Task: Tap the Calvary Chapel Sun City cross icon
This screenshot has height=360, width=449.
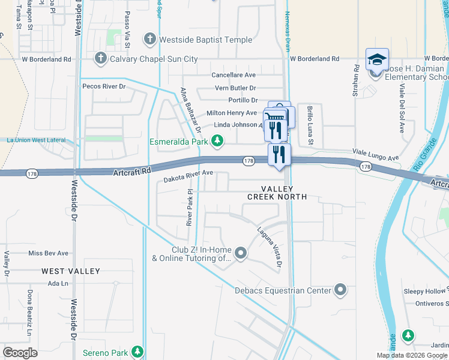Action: [x=100, y=59]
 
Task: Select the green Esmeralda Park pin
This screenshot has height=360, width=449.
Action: [x=218, y=142]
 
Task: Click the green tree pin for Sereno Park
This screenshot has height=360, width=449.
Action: [x=138, y=350]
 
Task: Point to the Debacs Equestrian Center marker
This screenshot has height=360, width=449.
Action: [x=340, y=290]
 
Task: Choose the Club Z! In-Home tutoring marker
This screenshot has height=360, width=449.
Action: [x=241, y=254]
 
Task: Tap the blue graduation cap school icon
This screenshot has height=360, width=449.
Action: [x=377, y=59]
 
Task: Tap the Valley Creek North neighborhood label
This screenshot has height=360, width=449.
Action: [x=277, y=192]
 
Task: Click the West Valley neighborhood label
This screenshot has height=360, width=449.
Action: [x=71, y=271]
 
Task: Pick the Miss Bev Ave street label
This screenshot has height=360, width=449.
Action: [x=49, y=253]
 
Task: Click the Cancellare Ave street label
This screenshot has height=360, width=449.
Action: [x=234, y=75]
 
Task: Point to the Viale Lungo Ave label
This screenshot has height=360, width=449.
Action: [x=375, y=155]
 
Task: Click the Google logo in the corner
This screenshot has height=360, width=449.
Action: [x=20, y=352]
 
